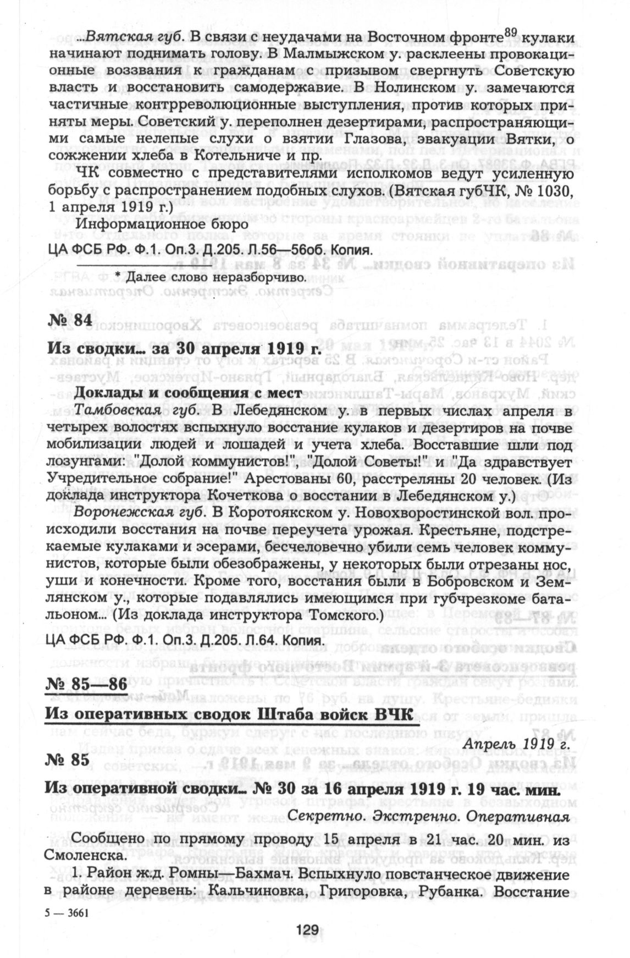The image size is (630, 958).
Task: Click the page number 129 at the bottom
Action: click(307, 929)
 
